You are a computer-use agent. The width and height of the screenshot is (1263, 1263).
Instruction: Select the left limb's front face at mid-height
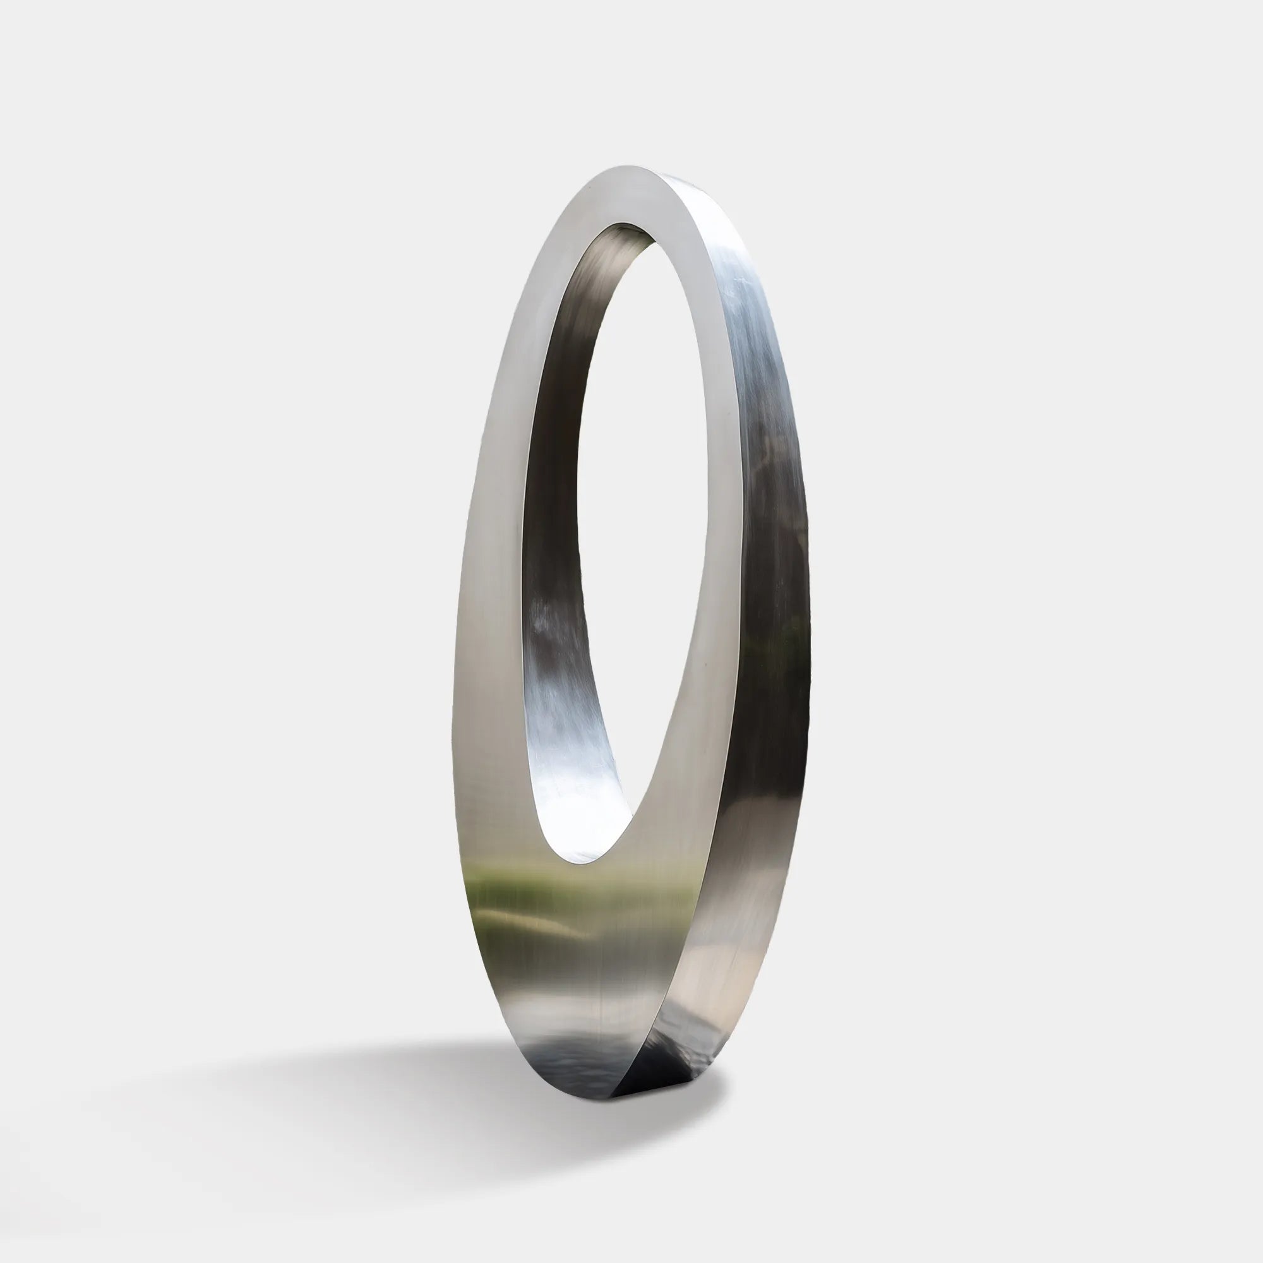pyautogui.click(x=497, y=523)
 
